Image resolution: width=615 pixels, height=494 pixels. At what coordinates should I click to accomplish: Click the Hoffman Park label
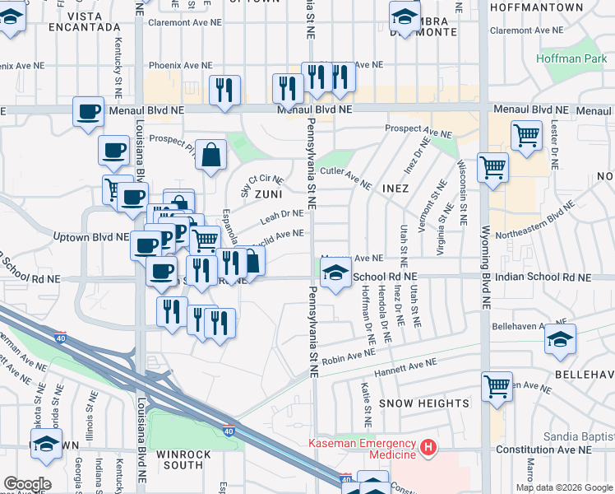570,58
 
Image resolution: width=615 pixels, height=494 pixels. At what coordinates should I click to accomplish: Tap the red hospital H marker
428,447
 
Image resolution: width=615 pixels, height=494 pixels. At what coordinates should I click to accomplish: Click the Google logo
27,483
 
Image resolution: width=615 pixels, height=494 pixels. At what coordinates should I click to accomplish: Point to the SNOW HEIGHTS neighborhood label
424,403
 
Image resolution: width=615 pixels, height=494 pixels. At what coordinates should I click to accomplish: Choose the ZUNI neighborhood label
268,194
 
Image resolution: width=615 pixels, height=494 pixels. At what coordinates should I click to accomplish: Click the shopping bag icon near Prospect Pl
210,154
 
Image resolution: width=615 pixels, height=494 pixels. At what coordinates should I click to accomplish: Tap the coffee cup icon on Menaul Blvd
88,110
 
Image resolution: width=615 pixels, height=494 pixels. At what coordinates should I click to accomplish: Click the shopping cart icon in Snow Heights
497,384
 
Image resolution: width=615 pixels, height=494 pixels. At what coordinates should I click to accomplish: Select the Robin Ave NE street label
348,357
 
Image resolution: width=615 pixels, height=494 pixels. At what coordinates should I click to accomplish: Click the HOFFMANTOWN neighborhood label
535,7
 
